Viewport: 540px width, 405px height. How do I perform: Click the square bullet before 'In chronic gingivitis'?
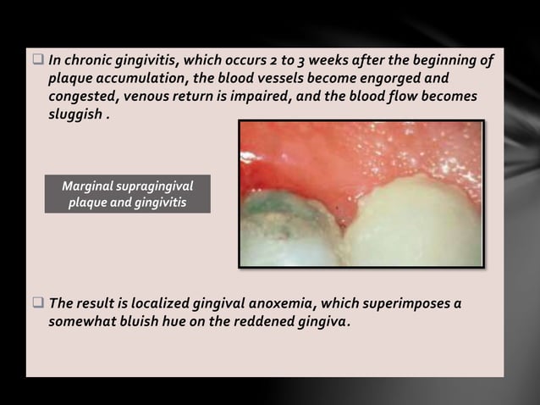[38, 60]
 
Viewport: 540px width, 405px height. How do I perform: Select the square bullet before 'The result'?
[38, 303]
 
